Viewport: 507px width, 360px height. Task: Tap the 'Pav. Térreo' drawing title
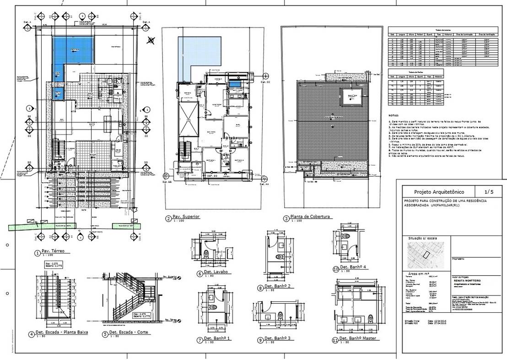tap(52, 251)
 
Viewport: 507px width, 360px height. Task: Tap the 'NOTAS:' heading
tap(394, 116)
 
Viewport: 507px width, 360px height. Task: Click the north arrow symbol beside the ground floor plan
tap(151, 40)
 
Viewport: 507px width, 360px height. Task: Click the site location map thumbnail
tap(426, 255)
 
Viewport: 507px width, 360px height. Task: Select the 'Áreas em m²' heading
tap(421, 272)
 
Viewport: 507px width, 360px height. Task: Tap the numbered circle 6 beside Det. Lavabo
tap(200, 274)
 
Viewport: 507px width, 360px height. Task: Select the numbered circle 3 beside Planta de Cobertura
tap(286, 218)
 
